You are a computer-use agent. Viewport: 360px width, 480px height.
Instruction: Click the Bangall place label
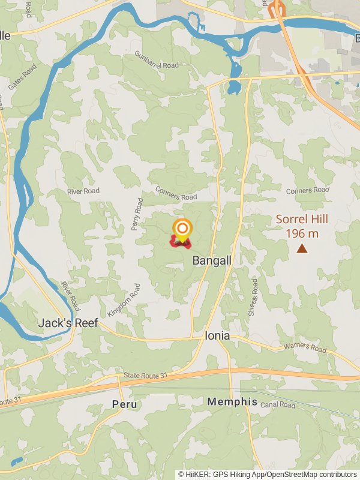point(212,260)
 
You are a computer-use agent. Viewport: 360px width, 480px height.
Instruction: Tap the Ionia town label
point(217,336)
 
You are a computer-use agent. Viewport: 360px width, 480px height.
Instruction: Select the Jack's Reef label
point(68,323)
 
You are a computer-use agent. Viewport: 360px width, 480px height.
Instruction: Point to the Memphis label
point(232,402)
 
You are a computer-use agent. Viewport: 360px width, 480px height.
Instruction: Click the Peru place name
point(124,404)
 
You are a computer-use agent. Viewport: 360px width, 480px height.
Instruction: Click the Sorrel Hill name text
point(301,220)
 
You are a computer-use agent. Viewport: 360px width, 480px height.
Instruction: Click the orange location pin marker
point(182,229)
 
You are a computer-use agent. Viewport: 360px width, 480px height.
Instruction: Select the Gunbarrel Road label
point(157,61)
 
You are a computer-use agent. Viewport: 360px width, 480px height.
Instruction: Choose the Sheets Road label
point(254,296)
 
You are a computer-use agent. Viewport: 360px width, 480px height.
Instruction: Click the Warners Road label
point(305,348)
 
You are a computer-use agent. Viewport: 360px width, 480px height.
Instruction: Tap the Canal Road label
point(278,406)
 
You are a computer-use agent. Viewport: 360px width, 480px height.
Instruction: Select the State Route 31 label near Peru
point(145,375)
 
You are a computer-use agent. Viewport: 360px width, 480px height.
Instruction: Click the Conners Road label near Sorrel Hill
point(307,190)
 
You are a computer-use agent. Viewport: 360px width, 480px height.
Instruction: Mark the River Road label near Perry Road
point(83,191)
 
